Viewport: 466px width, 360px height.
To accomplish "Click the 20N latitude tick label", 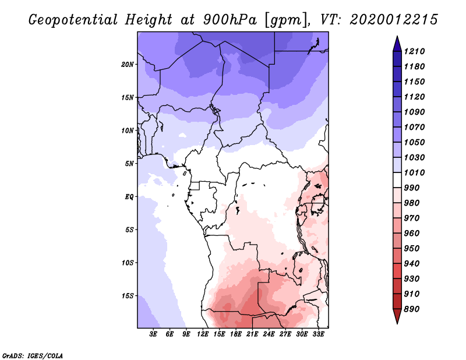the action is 128,65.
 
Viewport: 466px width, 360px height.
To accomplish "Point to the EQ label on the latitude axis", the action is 129,197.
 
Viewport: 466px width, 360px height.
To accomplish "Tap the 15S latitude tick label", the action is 128,296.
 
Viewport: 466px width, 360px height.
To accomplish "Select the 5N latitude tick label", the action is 129,164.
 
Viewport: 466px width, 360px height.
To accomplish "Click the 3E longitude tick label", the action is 153,334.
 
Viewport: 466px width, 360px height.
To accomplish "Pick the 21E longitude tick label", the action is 252,334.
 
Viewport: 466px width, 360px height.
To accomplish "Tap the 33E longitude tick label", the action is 318,334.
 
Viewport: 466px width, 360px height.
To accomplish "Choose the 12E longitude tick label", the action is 203,334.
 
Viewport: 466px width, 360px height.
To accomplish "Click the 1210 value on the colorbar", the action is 414,51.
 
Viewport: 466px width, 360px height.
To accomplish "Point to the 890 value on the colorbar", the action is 412,309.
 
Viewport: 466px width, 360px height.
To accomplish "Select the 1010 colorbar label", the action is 414,172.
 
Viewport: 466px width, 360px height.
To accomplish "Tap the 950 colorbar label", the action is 412,249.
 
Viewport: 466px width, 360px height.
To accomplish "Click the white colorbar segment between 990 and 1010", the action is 397,180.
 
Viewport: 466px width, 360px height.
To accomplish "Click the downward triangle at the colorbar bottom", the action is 397,315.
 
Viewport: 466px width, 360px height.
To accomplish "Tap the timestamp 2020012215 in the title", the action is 394,20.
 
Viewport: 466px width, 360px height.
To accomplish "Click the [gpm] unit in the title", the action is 287,20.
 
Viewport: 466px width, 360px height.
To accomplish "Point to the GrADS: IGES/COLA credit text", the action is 33,356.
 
